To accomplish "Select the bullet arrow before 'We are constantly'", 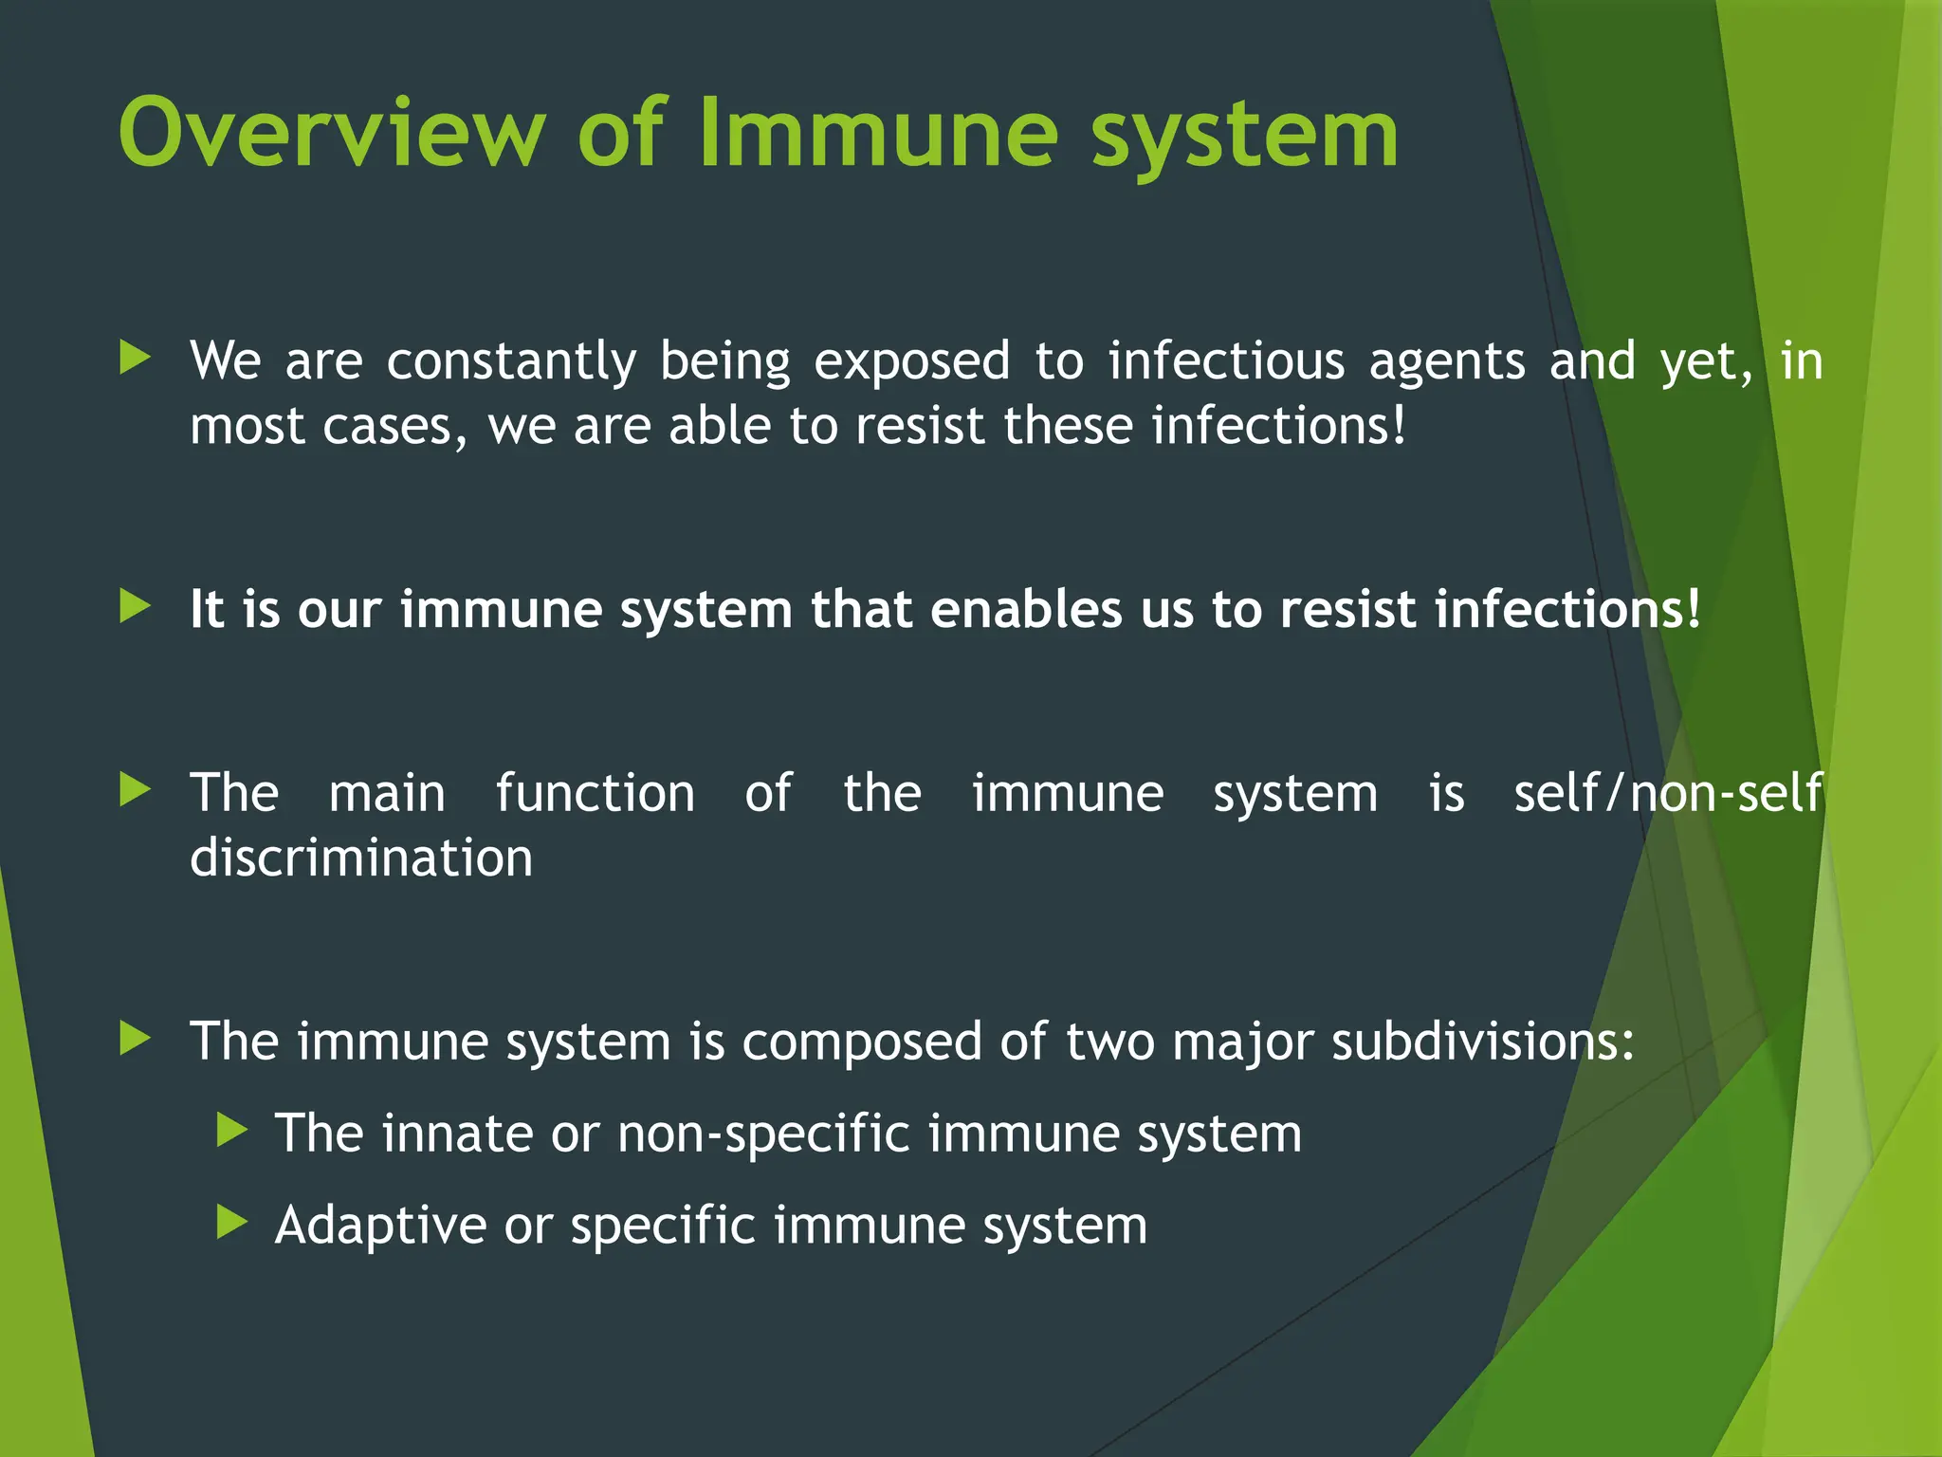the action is click(136, 359).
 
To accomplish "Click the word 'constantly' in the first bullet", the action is click(511, 362).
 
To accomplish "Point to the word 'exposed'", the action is click(912, 362).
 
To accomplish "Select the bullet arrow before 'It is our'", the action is click(136, 606).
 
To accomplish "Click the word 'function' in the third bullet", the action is click(595, 793).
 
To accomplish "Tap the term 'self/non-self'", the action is click(1668, 793).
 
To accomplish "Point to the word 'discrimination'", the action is click(361, 858).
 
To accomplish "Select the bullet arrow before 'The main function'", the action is click(136, 789).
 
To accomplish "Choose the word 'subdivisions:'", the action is click(1483, 1041).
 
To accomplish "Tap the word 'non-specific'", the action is click(763, 1135).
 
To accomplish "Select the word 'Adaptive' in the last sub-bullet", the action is click(380, 1226).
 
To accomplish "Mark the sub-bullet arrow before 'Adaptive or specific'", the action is click(232, 1222).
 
